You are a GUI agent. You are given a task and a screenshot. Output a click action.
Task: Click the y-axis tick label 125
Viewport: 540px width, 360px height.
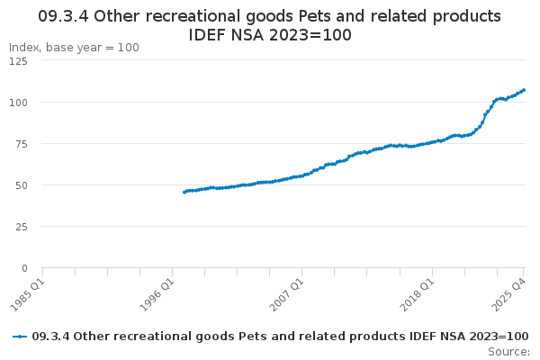pyautogui.click(x=18, y=60)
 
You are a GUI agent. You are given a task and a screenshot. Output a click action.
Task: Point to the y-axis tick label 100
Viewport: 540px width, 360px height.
pyautogui.click(x=18, y=102)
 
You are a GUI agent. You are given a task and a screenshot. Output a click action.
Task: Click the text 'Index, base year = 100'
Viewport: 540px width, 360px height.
pyautogui.click(x=74, y=47)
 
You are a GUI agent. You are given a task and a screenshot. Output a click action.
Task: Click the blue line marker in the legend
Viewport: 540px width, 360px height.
pyautogui.click(x=19, y=336)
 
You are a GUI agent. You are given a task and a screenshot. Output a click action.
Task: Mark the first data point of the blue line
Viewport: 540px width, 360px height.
pyautogui.click(x=184, y=192)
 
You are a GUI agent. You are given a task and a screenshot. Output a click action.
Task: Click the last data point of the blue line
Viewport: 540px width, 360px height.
pyautogui.click(x=524, y=89)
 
